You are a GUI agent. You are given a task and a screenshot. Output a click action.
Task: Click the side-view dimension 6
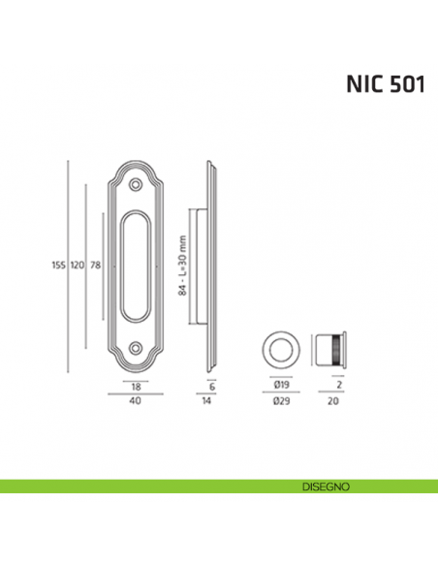[x=212, y=386]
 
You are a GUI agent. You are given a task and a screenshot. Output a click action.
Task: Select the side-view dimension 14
[x=212, y=399]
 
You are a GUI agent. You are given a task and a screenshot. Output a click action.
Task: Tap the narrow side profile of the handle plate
[x=211, y=265]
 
